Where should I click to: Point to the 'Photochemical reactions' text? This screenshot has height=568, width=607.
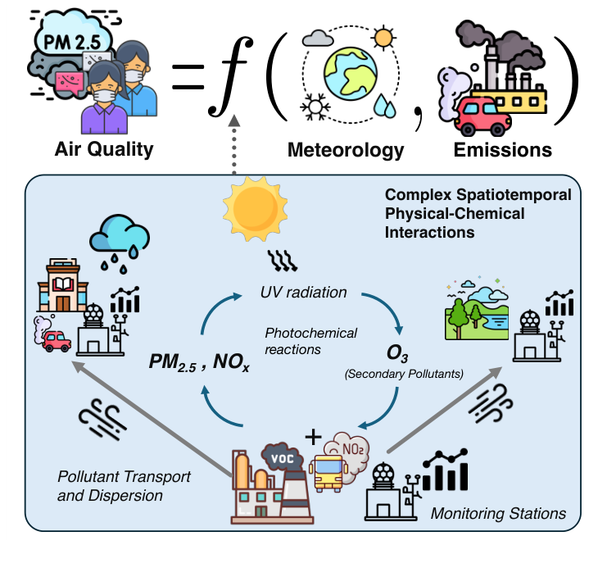click(311, 341)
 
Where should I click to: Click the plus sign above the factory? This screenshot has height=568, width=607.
click(311, 436)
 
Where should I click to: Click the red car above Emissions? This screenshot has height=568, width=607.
click(480, 116)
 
